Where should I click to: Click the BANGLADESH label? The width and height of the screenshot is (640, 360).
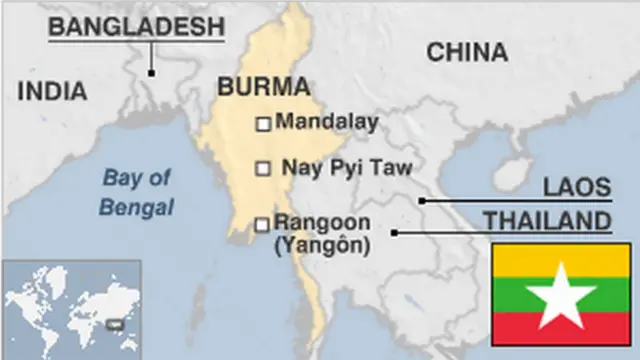click(136, 27)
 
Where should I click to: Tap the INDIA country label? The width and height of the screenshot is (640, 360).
click(52, 91)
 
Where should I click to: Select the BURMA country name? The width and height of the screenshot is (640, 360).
click(263, 86)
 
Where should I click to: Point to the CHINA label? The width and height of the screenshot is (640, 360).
click(467, 52)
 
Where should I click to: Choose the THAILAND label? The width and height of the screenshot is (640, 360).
click(547, 220)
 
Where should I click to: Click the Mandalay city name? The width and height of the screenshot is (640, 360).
click(327, 123)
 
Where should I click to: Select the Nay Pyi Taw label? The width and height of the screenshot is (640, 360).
click(347, 168)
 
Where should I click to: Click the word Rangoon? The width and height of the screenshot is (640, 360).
click(322, 222)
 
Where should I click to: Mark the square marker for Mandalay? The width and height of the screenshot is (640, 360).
click(263, 124)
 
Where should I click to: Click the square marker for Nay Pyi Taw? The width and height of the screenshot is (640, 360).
click(263, 169)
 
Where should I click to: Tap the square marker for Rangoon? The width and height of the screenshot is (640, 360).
click(262, 225)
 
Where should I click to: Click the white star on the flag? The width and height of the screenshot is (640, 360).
click(559, 294)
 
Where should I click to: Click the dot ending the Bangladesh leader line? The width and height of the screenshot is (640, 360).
click(151, 72)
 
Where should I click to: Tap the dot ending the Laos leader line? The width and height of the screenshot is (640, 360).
click(422, 201)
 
